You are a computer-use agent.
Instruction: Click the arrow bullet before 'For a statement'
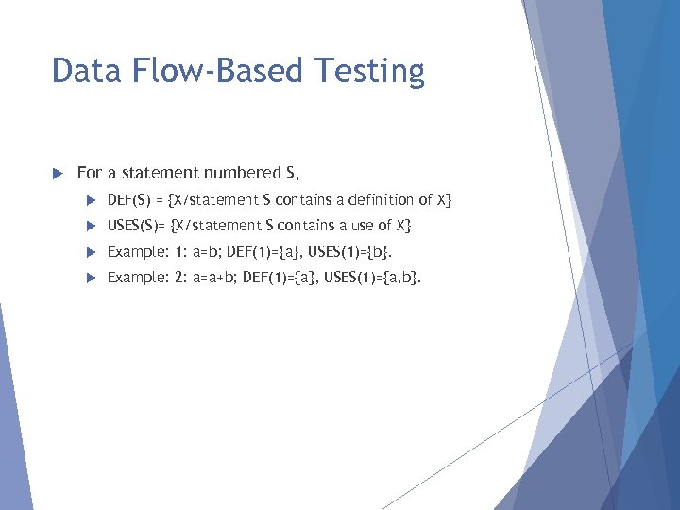coord(57,173)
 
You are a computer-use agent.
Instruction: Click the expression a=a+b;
coord(215,278)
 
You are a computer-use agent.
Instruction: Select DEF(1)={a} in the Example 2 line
coord(280,278)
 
